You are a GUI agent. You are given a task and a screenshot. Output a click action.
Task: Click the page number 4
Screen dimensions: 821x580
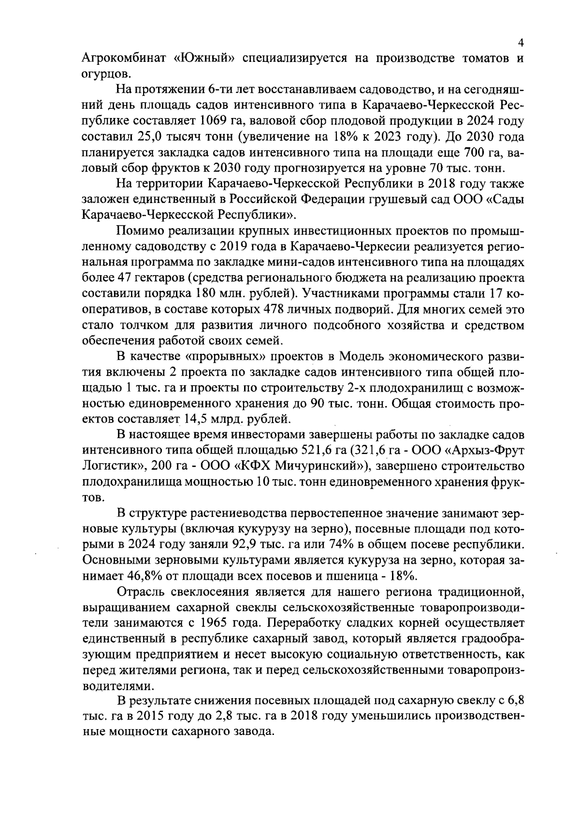pyautogui.click(x=521, y=43)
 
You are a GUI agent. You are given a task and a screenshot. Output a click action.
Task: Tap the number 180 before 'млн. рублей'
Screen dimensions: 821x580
pyautogui.click(x=191, y=293)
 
